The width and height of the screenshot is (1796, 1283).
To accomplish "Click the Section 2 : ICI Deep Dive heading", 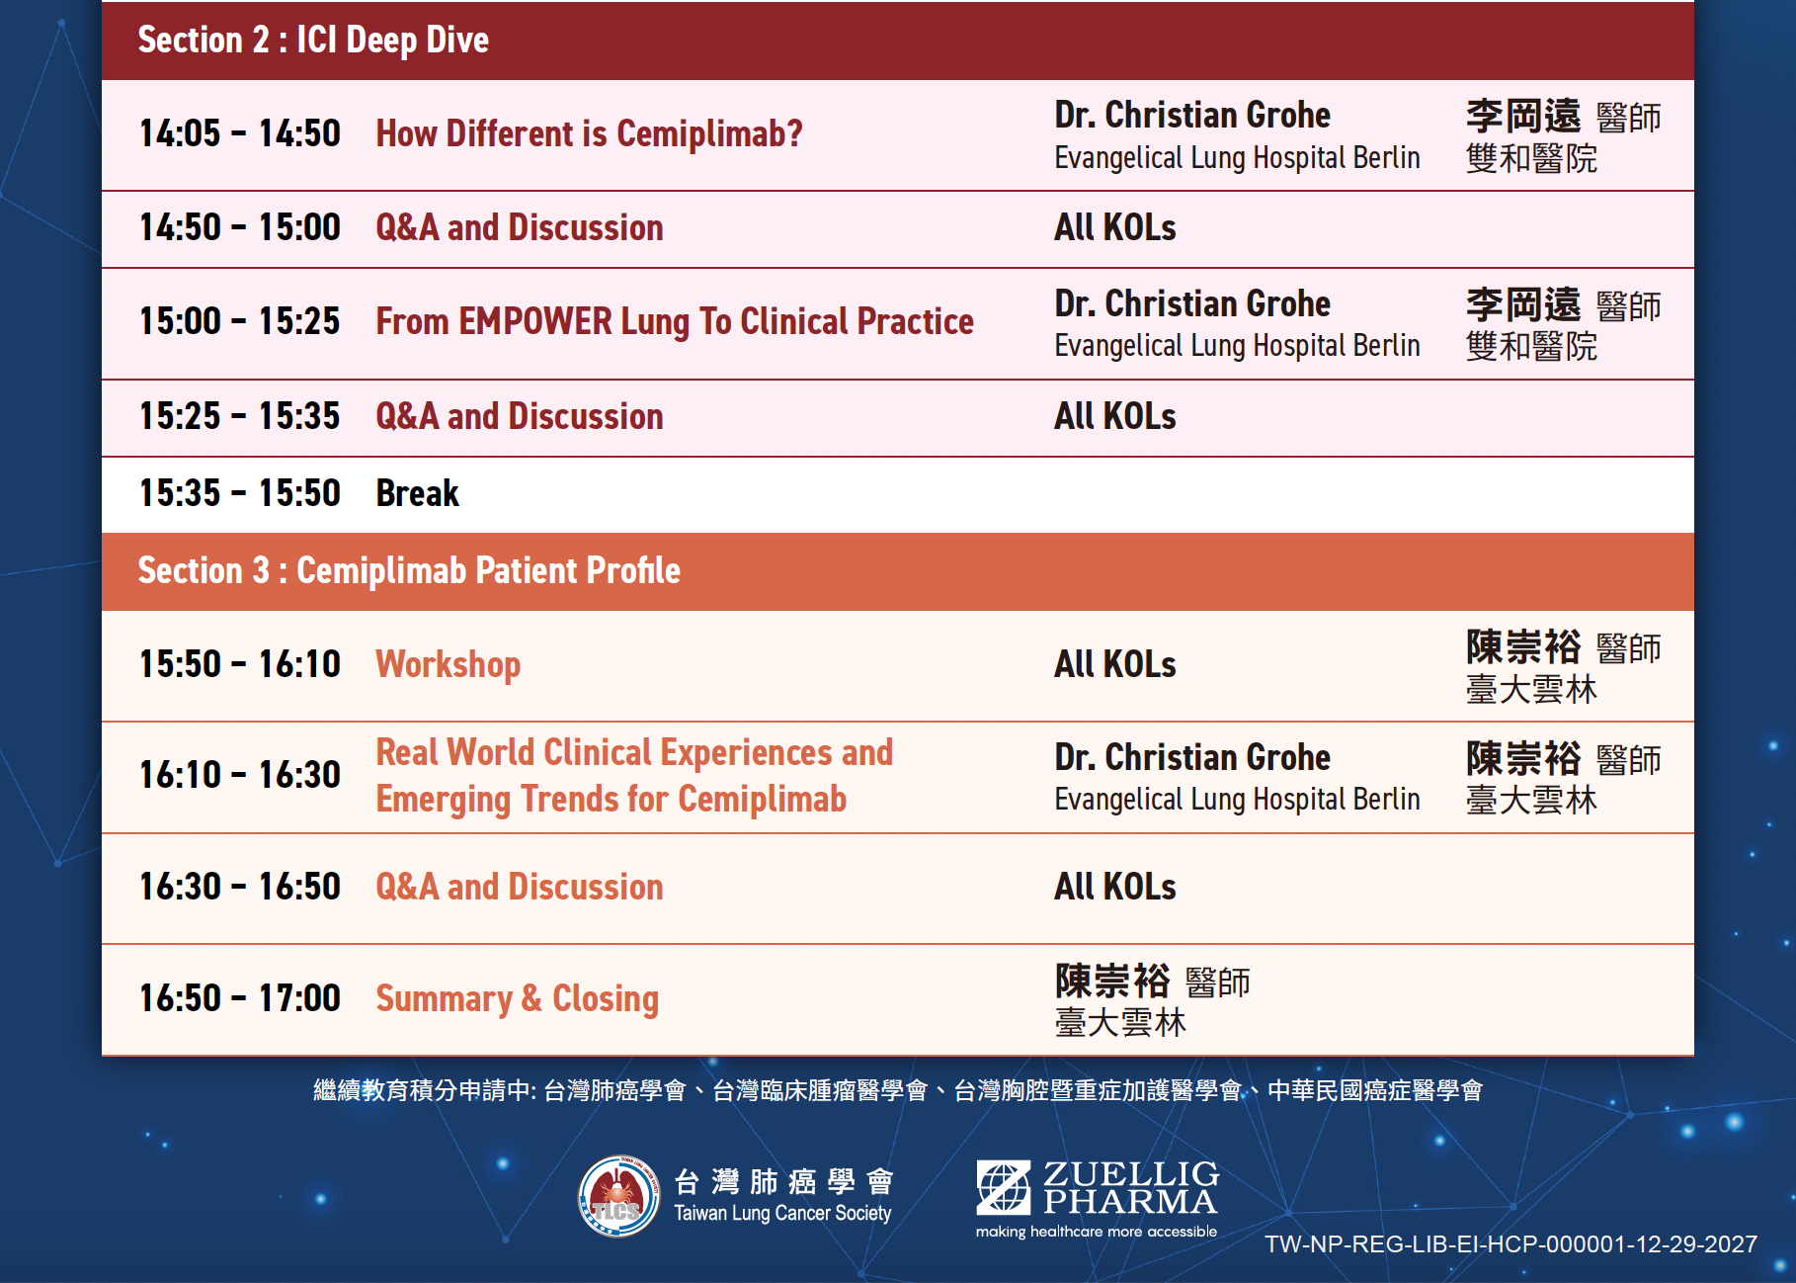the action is (313, 41).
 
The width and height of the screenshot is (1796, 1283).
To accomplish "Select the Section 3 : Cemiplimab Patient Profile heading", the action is (409, 571).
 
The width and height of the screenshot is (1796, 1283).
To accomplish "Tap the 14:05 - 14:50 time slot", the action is (240, 133).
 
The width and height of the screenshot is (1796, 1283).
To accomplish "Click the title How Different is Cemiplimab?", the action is (589, 133).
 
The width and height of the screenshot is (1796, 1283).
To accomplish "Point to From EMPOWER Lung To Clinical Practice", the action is (675, 322).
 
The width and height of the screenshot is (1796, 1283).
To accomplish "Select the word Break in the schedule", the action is (418, 493).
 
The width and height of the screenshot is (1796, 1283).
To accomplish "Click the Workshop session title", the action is (449, 665).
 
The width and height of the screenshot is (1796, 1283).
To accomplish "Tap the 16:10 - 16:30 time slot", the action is (240, 775).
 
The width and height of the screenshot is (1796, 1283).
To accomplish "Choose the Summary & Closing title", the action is (518, 998).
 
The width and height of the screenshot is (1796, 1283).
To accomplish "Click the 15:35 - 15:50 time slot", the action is (240, 493).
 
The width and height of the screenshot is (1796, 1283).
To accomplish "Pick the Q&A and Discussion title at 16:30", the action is (520, 887).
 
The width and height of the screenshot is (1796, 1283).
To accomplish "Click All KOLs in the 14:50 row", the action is (1115, 228).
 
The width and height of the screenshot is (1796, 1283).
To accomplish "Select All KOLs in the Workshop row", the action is (1115, 664).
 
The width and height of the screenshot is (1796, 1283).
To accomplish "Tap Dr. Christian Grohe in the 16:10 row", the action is (1192, 758).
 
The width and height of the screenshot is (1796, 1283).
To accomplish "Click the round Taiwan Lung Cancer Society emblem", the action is (619, 1196).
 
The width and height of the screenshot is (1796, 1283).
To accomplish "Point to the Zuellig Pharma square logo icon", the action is (1004, 1187).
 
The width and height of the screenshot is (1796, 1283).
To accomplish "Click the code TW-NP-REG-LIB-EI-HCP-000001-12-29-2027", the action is (1511, 1244).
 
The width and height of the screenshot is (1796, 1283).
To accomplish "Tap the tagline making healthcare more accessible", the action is (1097, 1232).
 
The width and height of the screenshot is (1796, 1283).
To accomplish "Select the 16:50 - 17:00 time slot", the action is (240, 998).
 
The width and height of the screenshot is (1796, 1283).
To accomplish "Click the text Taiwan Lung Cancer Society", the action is (782, 1214).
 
